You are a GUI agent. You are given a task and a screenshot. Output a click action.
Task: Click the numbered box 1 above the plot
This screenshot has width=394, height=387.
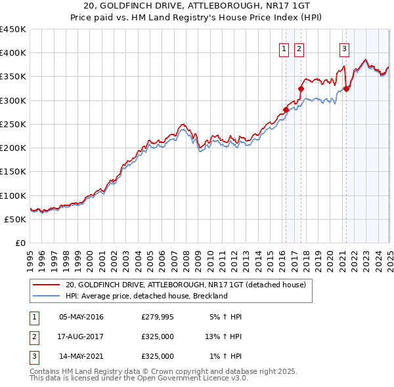(x=284, y=48)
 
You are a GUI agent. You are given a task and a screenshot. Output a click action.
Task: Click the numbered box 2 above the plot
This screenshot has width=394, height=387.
(x=299, y=48)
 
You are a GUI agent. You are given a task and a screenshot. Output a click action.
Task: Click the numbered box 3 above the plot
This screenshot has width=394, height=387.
(x=344, y=48)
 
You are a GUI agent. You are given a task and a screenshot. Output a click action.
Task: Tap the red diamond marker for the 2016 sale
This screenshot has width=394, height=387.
(x=286, y=110)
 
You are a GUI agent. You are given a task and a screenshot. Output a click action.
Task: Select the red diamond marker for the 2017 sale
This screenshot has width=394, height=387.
(x=301, y=89)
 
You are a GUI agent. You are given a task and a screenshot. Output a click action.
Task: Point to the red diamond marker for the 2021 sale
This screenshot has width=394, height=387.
(x=346, y=89)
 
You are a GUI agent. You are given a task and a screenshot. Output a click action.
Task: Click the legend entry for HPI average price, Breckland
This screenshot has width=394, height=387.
(x=146, y=296)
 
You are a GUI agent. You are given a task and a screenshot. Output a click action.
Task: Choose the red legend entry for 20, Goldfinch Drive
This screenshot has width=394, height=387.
(x=186, y=285)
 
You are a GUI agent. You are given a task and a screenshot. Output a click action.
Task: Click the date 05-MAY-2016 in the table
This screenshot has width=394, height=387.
(x=81, y=317)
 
